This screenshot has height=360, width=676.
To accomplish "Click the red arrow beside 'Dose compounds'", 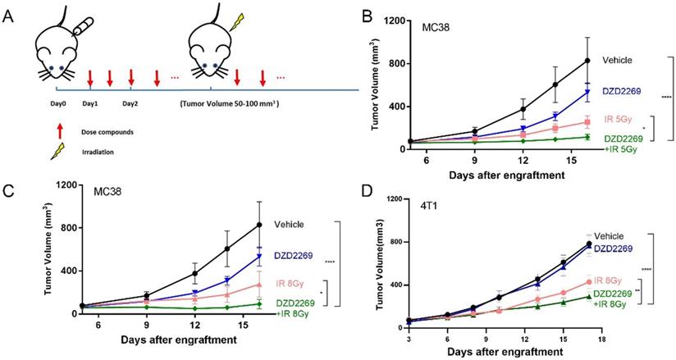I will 58,130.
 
